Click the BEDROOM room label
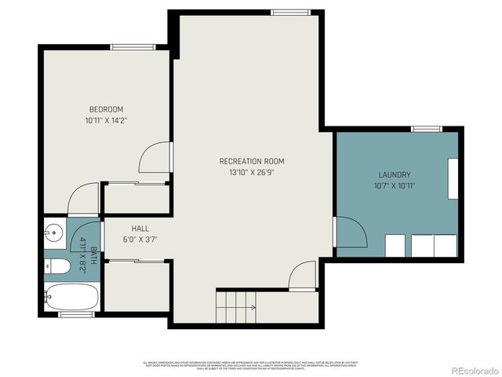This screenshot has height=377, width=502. coord(106,109)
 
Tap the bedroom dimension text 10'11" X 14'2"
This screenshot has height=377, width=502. coord(106,121)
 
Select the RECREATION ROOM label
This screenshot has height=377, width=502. coord(251,161)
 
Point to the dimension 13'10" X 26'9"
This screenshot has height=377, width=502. coord(251,172)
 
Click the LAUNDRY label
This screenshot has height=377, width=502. coord(395,174)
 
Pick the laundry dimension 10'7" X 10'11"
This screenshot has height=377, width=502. coord(395,186)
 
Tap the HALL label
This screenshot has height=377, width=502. coord(140,229)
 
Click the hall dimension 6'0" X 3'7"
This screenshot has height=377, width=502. coord(140,240)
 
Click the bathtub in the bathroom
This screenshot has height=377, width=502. coord(71,297)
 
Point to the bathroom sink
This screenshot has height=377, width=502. coord(53,232)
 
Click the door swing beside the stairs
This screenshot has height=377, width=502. coord(302,276)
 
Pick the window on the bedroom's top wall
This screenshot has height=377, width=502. coord(133,47)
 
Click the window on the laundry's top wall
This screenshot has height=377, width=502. coord(426,129)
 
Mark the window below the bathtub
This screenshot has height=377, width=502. coord(76,314)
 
